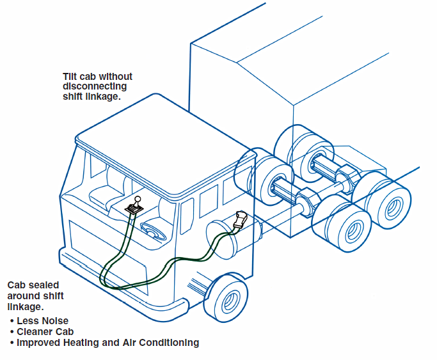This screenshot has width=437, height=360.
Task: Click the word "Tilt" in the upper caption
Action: point(72,77)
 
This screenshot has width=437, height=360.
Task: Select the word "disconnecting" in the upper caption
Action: point(95,86)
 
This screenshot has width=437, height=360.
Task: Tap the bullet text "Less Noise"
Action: point(42,320)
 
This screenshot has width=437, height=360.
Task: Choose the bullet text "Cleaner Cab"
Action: point(45,331)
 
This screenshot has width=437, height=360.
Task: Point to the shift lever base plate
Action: point(134,208)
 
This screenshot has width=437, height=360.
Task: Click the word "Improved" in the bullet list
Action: point(39,343)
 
